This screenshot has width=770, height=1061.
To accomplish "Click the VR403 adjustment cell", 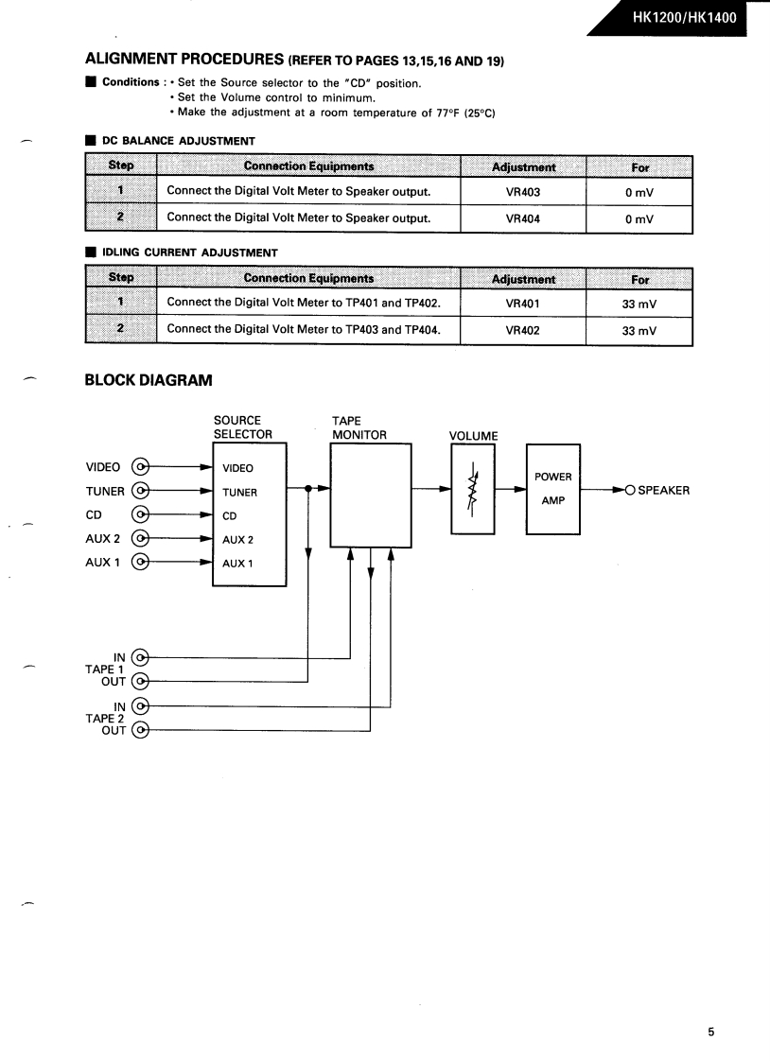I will (x=522, y=192).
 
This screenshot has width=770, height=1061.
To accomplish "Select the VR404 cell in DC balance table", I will (x=522, y=218).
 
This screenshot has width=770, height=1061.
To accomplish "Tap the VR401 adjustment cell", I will (x=522, y=304).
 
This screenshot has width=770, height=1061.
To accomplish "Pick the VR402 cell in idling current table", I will (x=522, y=331).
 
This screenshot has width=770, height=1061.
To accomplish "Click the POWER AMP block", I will (x=553, y=489).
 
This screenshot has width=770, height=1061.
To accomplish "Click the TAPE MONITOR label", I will (x=359, y=427).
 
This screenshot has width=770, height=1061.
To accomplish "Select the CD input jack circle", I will (x=141, y=515).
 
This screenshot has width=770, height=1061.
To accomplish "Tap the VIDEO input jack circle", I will (x=141, y=466).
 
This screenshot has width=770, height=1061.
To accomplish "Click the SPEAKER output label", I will (x=663, y=490).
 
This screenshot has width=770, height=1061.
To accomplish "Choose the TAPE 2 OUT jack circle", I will (x=141, y=730).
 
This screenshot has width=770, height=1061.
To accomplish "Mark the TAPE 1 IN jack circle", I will (x=141, y=657).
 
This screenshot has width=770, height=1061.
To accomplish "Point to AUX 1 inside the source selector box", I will (x=237, y=564).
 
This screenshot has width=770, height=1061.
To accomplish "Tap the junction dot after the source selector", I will (x=309, y=489).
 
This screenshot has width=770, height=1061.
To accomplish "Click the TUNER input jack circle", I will (x=141, y=491).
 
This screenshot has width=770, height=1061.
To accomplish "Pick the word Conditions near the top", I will (x=129, y=82).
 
